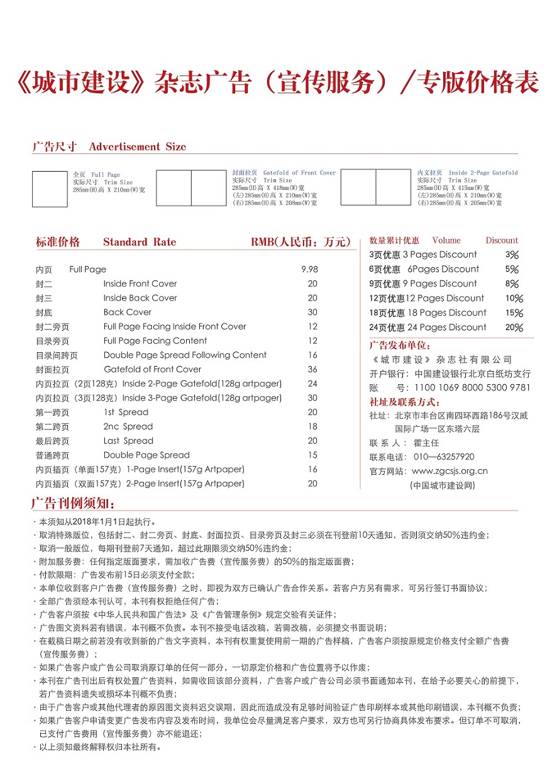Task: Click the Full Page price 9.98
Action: (309, 269)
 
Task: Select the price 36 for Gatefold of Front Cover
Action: (312, 369)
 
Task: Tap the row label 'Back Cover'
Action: (128, 312)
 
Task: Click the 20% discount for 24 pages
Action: (514, 327)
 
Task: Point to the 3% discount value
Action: (512, 255)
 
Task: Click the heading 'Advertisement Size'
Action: (138, 147)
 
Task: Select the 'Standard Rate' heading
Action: (140, 242)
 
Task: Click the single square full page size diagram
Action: (50, 189)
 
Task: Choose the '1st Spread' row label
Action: (126, 412)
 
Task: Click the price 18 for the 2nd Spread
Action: (312, 426)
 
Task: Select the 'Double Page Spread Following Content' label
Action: (185, 355)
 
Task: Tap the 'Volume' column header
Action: (446, 240)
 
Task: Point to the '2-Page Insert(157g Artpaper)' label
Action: (185, 484)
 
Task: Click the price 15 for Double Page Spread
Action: (312, 455)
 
